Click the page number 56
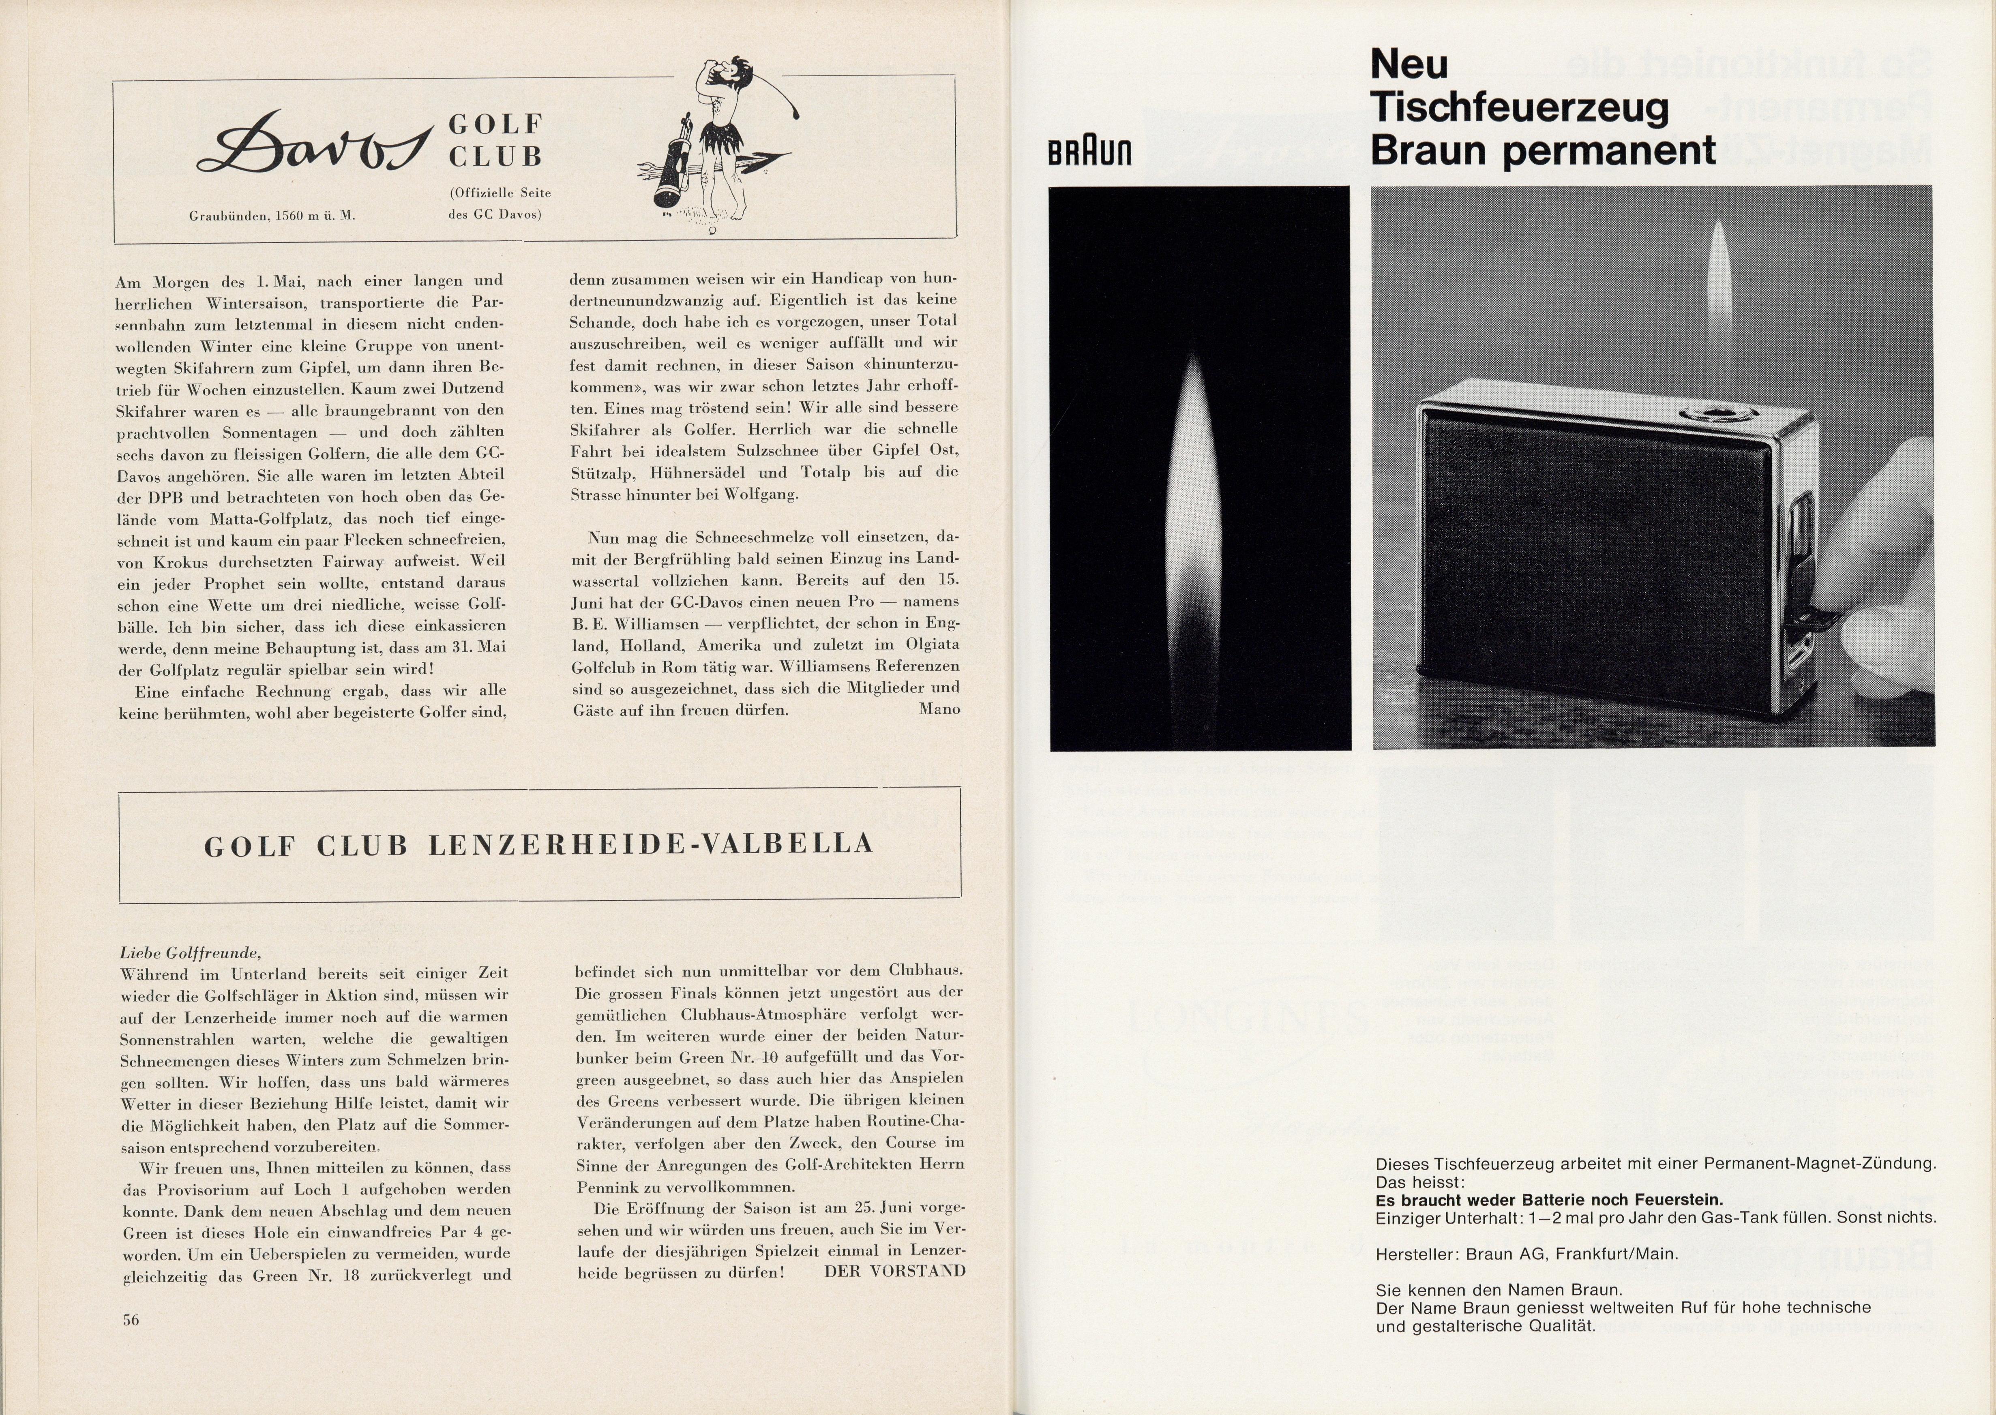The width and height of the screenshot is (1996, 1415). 131,1319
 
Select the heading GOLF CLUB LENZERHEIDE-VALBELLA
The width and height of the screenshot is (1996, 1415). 539,845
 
